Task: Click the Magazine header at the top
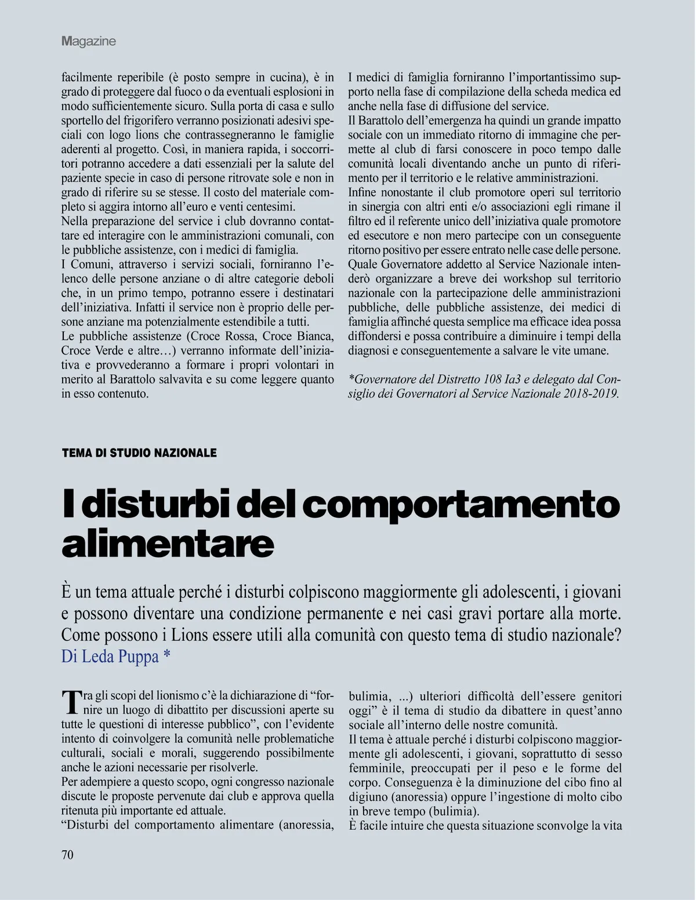pyautogui.click(x=89, y=41)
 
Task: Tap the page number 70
pyautogui.click(x=68, y=855)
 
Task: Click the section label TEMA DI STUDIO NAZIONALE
pyautogui.click(x=139, y=453)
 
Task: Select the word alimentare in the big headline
pyautogui.click(x=168, y=544)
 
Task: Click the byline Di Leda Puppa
pyautogui.click(x=115, y=656)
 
